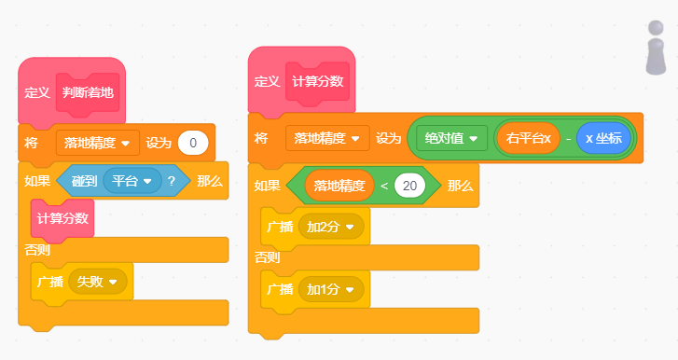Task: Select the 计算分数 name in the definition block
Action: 320,81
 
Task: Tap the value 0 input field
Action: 193,143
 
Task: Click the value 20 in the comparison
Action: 408,185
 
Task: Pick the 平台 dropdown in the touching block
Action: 132,181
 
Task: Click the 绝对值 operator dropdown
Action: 450,138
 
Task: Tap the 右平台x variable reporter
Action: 529,138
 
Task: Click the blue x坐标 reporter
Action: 603,138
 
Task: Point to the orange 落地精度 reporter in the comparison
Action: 339,185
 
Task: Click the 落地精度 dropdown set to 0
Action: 98,143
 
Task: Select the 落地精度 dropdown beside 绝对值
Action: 327,138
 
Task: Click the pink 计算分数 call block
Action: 62,218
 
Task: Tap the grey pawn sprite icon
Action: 657,47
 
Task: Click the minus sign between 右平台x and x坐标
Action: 568,138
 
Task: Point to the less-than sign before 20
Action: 383,185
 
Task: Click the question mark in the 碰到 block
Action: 172,181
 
